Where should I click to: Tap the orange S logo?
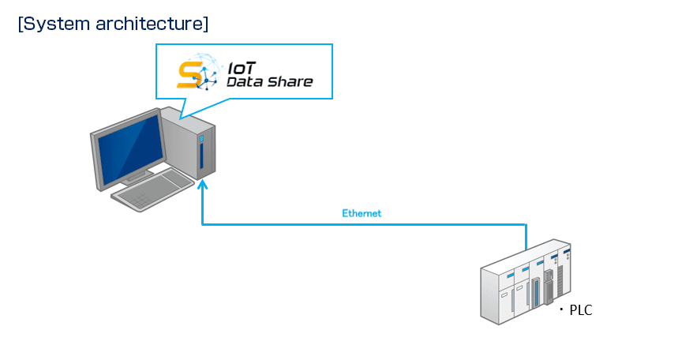click(x=189, y=75)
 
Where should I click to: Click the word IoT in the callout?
click(x=242, y=68)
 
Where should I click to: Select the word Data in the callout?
click(x=245, y=82)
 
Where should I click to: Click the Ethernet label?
click(x=362, y=213)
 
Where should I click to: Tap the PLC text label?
click(x=581, y=310)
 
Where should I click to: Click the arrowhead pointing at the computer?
click(x=202, y=185)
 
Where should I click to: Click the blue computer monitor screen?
click(x=129, y=148)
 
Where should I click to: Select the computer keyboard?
click(x=153, y=190)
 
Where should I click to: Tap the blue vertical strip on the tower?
click(x=201, y=156)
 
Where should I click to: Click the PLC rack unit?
click(x=526, y=282)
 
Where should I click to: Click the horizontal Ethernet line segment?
click(x=364, y=224)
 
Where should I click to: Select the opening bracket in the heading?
click(x=20, y=24)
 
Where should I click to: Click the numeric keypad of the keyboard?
click(x=140, y=201)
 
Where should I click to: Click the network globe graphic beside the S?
click(x=204, y=72)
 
